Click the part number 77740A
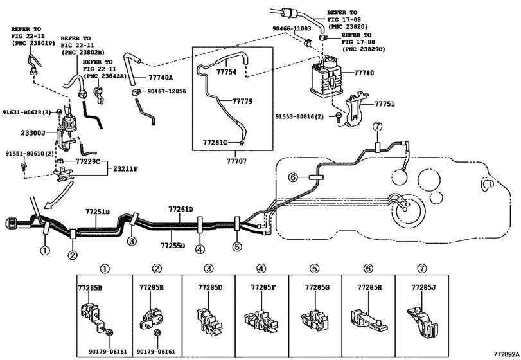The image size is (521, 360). pyautogui.click(x=161, y=77)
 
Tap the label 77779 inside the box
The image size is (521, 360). pyautogui.click(x=242, y=102)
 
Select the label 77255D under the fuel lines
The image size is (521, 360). pyautogui.click(x=173, y=246)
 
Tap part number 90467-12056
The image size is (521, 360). pyautogui.click(x=167, y=92)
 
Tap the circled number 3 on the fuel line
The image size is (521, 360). pyautogui.click(x=131, y=242)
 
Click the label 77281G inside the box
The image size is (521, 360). pyautogui.click(x=215, y=141)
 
